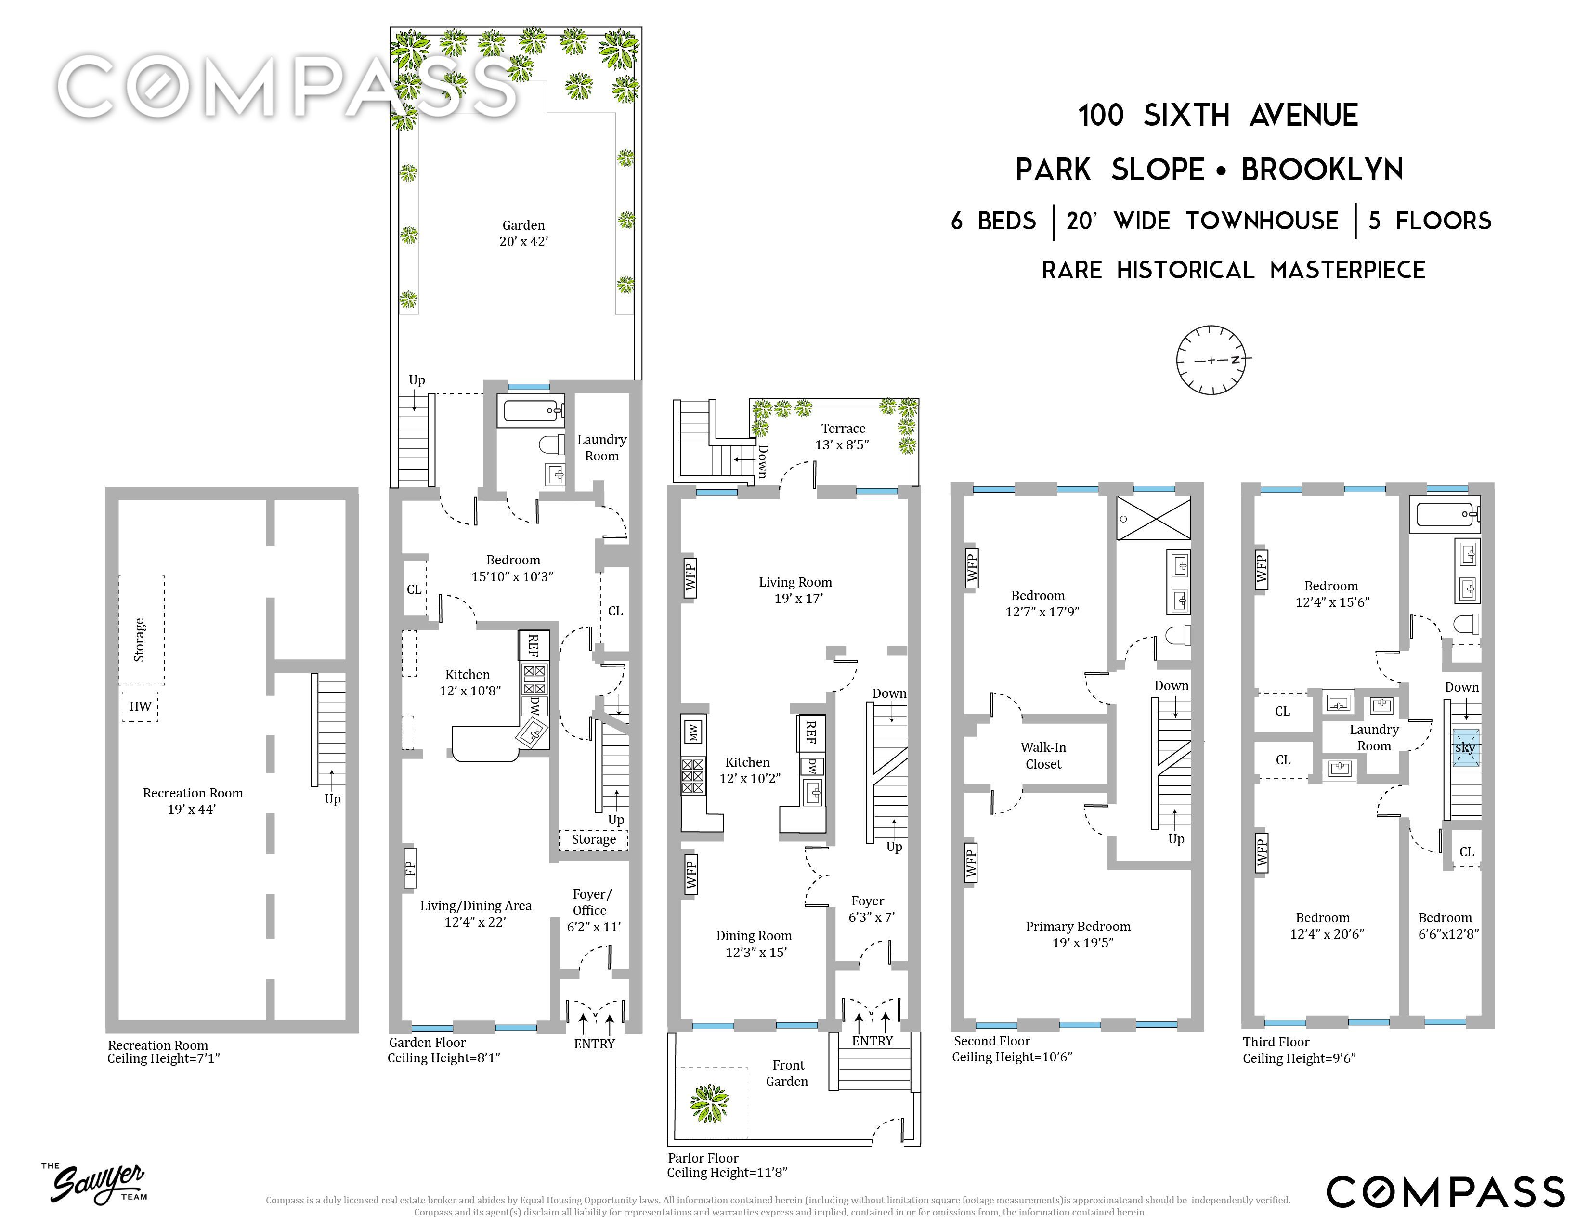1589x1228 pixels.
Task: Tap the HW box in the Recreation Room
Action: (x=141, y=705)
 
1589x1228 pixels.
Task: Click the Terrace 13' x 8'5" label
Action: (x=843, y=436)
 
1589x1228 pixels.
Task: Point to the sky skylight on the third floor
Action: (x=1465, y=748)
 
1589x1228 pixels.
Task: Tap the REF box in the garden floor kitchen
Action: (x=534, y=645)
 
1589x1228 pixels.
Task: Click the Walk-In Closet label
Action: (x=1043, y=755)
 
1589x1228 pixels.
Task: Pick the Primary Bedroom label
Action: (x=1078, y=934)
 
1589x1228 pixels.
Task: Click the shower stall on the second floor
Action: (x=1154, y=518)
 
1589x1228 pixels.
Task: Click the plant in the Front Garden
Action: (x=709, y=1103)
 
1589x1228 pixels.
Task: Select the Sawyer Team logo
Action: (x=94, y=1182)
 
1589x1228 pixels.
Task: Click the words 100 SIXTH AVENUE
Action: (x=1218, y=116)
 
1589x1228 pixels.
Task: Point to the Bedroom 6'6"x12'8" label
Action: (x=1448, y=926)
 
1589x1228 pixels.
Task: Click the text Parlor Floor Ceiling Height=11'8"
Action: (x=727, y=1165)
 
